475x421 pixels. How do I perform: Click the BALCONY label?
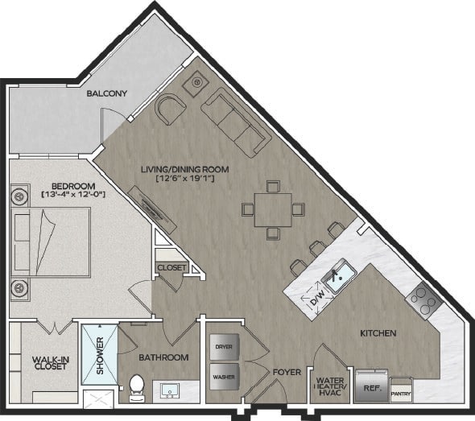106,93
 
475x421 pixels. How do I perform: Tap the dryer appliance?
224,347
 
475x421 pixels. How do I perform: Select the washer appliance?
224,377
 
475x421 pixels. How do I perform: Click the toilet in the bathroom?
137,389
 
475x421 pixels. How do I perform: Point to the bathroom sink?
170,391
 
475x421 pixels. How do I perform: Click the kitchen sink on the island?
339,276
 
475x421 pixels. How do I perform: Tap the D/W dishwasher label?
318,298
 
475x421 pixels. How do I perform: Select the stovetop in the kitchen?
423,300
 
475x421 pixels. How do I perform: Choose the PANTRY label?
401,394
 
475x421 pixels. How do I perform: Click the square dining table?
273,210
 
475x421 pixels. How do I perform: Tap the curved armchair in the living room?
170,109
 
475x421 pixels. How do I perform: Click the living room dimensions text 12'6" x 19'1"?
185,179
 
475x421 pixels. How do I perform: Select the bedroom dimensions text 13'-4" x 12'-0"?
73,194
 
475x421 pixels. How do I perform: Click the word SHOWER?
100,355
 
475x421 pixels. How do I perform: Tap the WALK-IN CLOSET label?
51,363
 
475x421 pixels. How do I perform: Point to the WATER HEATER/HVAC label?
330,386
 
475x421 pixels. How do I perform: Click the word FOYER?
287,372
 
